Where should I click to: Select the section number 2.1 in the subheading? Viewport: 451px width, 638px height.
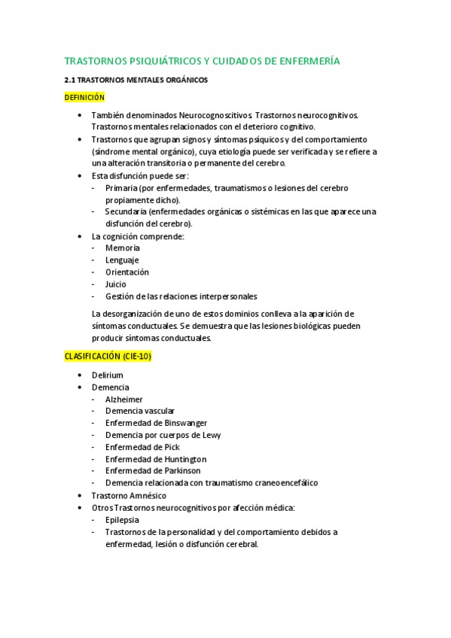click(70, 79)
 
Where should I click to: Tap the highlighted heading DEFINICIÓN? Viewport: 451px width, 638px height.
click(84, 97)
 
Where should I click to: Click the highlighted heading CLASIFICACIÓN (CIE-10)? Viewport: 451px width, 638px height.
click(108, 357)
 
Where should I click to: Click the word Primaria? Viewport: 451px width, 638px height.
click(122, 187)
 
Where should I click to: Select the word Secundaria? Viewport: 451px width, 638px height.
click(127, 211)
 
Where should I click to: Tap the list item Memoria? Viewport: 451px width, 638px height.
click(123, 248)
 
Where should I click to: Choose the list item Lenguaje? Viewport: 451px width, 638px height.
click(123, 260)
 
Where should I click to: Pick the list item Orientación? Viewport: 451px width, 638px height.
click(127, 272)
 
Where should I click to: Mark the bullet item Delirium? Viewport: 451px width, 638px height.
click(107, 375)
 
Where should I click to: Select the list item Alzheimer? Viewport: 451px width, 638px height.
click(124, 400)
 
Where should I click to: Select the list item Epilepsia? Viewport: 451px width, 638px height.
click(123, 519)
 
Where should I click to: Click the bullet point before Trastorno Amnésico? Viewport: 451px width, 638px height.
click(81, 496)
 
